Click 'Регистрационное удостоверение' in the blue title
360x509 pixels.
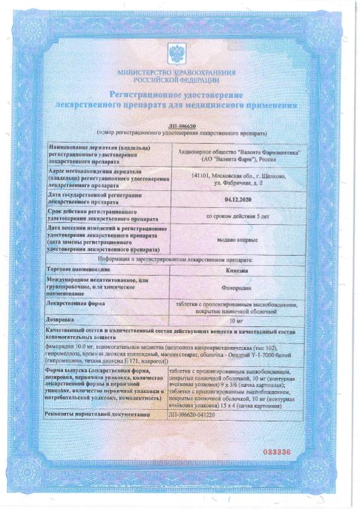[x=176, y=96]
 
